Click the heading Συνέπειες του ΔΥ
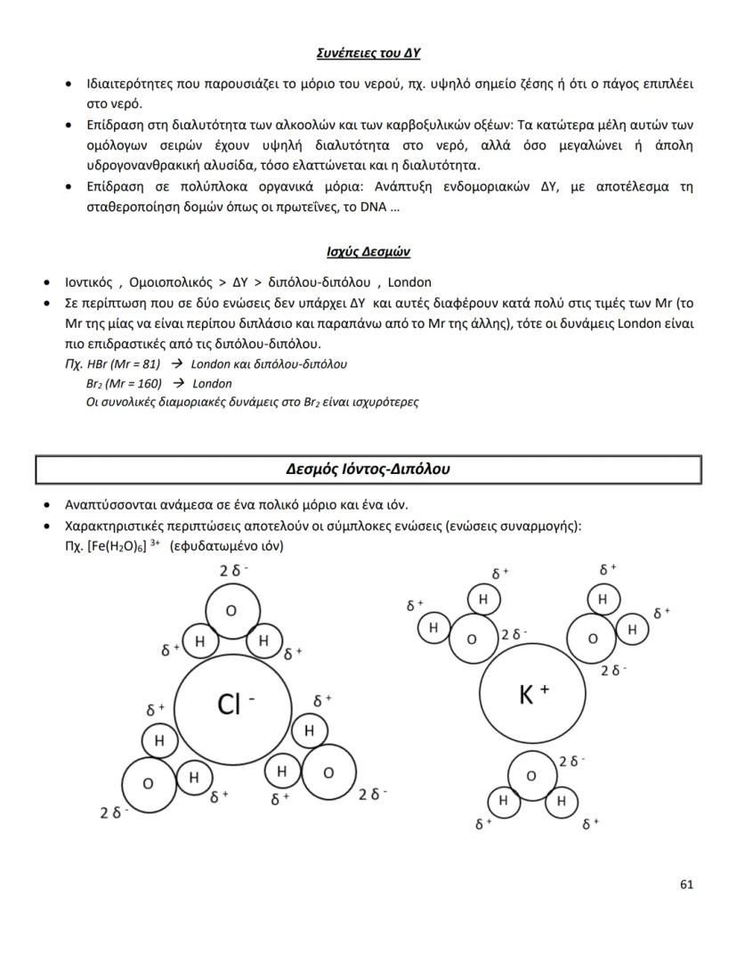pyautogui.click(x=368, y=53)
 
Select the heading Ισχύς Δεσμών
pyautogui.click(x=368, y=252)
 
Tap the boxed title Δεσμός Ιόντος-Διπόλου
pyautogui.click(x=368, y=469)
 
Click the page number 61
pyautogui.click(x=685, y=884)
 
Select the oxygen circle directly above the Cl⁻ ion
pyautogui.click(x=231, y=611)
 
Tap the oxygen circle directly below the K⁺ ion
pyautogui.click(x=531, y=776)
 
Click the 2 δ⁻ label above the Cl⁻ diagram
pyautogui.click(x=234, y=571)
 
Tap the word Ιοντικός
pyautogui.click(x=92, y=282)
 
